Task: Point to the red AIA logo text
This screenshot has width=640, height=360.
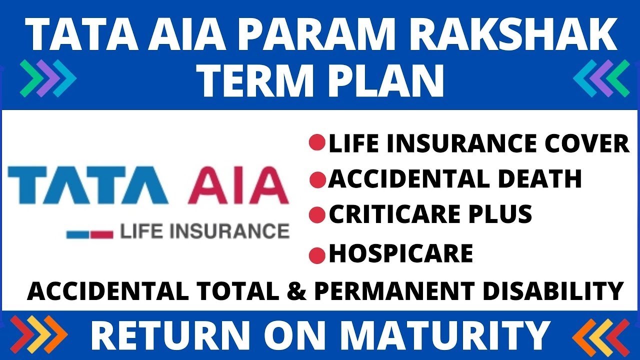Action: (238, 185)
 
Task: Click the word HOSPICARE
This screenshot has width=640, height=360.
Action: (400, 254)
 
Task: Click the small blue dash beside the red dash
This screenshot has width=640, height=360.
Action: (77, 233)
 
